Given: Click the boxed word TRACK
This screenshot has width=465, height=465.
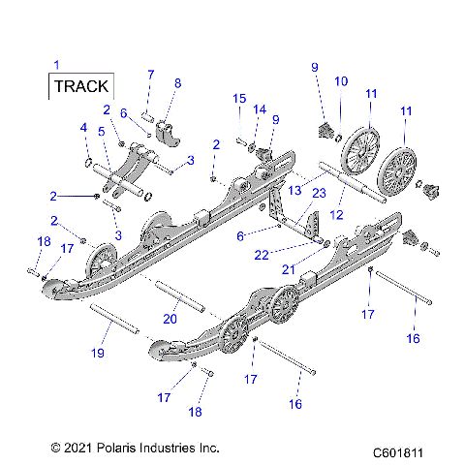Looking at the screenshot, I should tap(81, 86).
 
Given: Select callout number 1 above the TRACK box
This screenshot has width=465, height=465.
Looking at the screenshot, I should tap(55, 65).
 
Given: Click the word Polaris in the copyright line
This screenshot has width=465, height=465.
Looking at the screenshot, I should tap(113, 449).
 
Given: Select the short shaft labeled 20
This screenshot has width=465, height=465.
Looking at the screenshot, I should tap(177, 294).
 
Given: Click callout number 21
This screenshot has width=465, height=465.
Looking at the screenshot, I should tap(312, 268).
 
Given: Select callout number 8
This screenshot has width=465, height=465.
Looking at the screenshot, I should tap(176, 83).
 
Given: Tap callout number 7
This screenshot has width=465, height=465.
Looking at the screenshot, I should tap(150, 75).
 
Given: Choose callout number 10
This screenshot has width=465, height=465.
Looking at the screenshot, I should tap(340, 81).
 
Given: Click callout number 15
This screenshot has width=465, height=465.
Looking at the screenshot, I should tap(238, 98).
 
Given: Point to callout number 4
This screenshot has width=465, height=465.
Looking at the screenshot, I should tap(82, 127).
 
